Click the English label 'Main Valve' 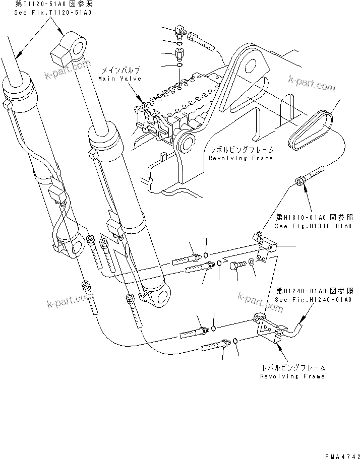point(119,79)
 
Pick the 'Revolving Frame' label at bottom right point(292,376)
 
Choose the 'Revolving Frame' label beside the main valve point(241,158)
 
